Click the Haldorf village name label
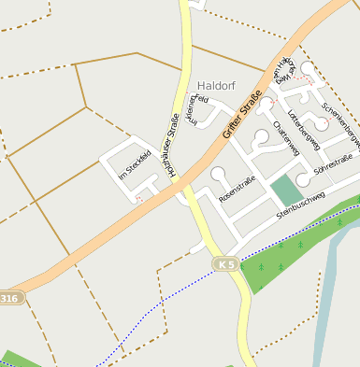[215, 83]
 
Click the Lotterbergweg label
[305, 130]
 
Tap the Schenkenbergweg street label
[340, 125]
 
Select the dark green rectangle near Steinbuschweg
[284, 191]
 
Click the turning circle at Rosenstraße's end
[219, 173]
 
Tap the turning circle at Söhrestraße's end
[302, 179]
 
